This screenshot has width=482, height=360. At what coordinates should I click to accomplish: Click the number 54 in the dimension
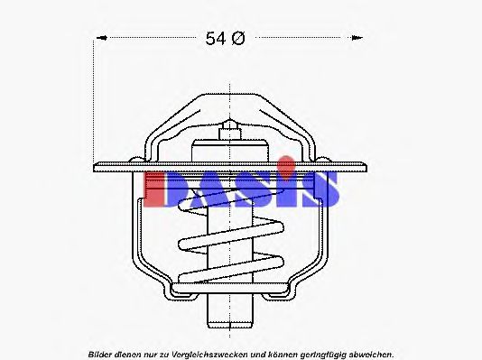(x=214, y=38)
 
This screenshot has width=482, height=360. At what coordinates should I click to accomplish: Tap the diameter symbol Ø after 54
(x=238, y=38)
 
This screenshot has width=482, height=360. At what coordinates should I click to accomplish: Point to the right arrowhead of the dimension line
(x=359, y=38)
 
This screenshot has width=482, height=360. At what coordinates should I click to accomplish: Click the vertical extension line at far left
(x=92, y=99)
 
